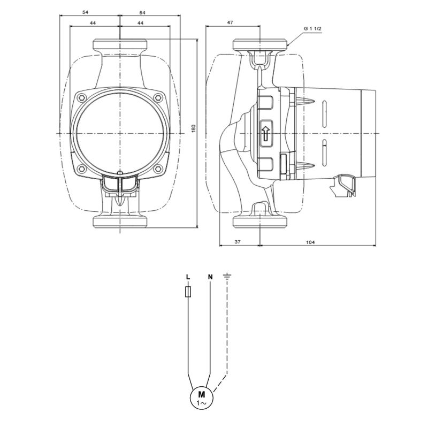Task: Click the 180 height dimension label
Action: [194, 128]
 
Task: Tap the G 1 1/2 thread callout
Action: [313, 28]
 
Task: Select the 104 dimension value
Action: [310, 242]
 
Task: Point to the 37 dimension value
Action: [238, 242]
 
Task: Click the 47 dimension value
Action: [230, 22]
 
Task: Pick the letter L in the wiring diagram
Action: [188, 277]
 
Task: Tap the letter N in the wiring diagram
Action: [210, 277]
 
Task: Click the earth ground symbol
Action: [227, 276]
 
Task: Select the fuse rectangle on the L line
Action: [188, 292]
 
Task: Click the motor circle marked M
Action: [202, 398]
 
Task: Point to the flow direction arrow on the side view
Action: [265, 133]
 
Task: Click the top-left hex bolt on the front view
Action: [82, 98]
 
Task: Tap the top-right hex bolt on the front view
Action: [158, 98]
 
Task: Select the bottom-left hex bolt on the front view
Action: [82, 169]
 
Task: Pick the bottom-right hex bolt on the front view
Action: [158, 169]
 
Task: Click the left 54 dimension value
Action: [85, 12]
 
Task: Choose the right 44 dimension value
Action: [140, 23]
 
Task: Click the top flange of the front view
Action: [120, 44]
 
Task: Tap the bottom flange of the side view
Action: [260, 222]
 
